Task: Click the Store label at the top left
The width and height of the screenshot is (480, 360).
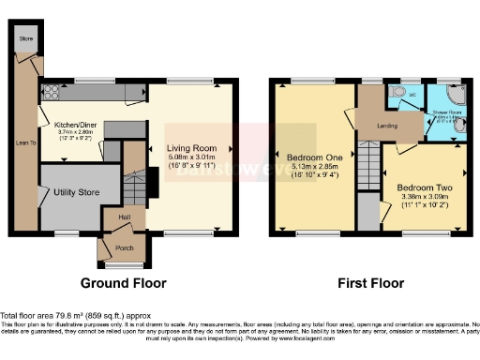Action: coord(27,38)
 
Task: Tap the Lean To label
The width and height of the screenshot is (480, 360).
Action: coord(26,142)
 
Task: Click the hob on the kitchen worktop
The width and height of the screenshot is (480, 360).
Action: coord(49,92)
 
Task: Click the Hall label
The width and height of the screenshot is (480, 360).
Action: coord(124,217)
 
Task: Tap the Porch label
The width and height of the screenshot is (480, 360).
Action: coord(123,248)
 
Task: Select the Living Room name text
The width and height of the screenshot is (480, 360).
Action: coord(192,148)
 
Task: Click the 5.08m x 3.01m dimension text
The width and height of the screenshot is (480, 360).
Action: coord(192,157)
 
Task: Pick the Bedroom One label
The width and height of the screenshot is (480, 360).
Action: coord(314,157)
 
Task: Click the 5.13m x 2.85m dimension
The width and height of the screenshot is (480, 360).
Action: coord(314,167)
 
